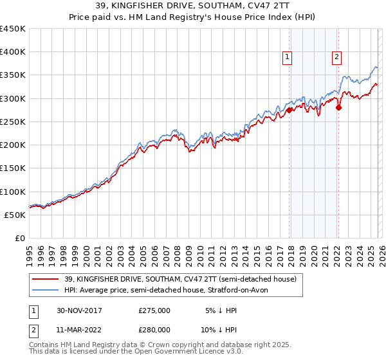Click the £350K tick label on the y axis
point(13,75)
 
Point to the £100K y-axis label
point(13,192)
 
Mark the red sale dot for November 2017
point(289,110)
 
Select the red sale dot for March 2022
point(338,107)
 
